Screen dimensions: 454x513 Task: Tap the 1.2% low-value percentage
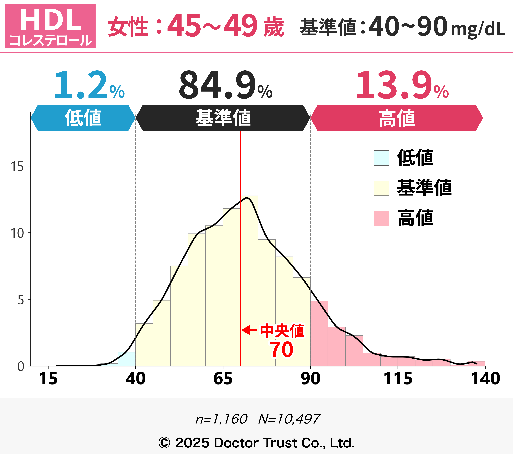pyautogui.click(x=89, y=85)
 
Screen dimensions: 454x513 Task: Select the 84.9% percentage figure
pyautogui.click(x=225, y=85)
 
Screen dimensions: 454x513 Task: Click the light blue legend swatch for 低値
pyautogui.click(x=382, y=158)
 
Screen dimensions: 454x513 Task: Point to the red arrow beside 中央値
pyautogui.click(x=249, y=330)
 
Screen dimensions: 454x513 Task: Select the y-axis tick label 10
pyautogui.click(x=17, y=233)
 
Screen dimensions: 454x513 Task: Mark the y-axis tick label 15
pyautogui.click(x=17, y=166)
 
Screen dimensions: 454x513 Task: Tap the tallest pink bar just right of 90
pyautogui.click(x=319, y=334)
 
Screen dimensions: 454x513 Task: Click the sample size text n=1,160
pyautogui.click(x=221, y=419)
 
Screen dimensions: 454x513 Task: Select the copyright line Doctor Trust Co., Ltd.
pyautogui.click(x=256, y=443)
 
